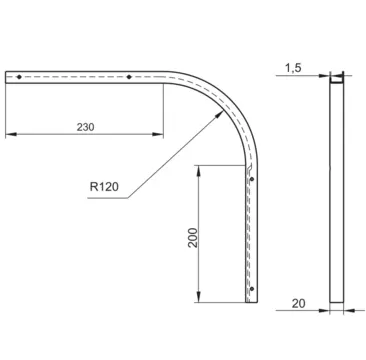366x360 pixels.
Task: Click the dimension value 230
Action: point(86,127)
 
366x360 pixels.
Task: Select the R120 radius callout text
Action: point(104,187)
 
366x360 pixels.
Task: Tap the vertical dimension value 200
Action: point(193,237)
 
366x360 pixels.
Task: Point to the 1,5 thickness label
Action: point(293,68)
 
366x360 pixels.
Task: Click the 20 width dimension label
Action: point(299,304)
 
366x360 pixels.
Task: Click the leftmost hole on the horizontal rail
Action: point(19,77)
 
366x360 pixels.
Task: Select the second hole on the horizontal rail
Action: point(129,77)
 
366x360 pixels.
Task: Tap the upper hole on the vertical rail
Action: point(252,179)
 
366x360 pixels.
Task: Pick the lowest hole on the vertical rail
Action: point(252,288)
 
